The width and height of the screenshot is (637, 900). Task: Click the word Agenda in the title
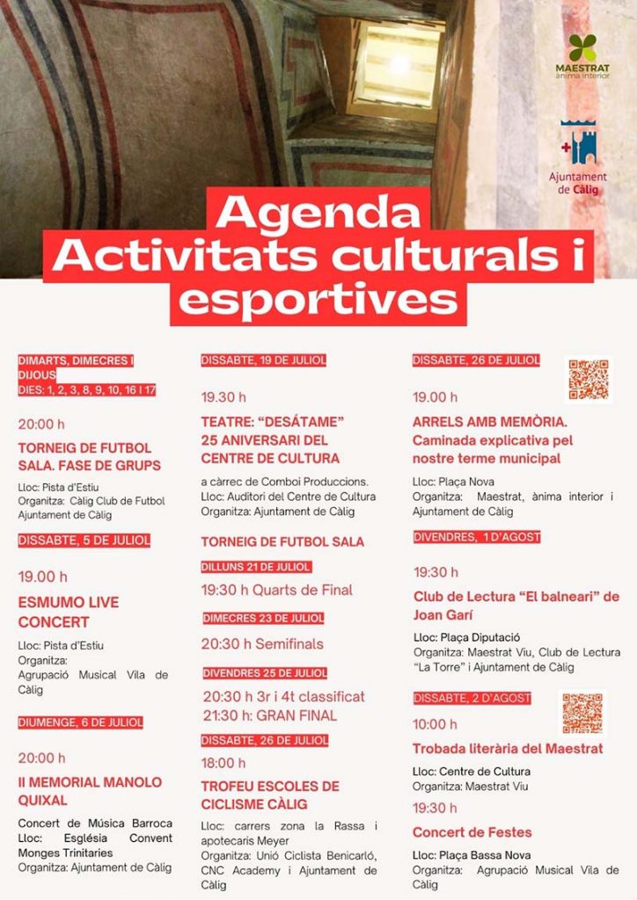(318, 212)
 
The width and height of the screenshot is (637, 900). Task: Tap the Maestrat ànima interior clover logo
(582, 47)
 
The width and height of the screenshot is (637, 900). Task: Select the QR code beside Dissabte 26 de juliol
(589, 380)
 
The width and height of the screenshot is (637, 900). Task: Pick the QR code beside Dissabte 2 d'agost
(582, 713)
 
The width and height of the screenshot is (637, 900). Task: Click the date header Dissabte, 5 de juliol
(84, 540)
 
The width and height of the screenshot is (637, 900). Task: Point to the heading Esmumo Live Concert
(69, 612)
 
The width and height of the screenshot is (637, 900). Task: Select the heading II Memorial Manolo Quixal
(90, 791)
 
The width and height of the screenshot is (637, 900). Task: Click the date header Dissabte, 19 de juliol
(264, 360)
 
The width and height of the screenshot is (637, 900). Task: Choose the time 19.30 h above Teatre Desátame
(223, 396)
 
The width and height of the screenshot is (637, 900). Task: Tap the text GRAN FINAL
(297, 715)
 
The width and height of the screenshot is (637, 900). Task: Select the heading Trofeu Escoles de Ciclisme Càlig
(270, 795)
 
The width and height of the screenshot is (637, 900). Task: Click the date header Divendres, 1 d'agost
(477, 537)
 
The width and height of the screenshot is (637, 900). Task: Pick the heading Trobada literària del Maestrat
(508, 749)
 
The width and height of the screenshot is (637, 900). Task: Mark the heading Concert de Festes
(472, 831)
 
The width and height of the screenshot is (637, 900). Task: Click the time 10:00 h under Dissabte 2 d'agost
(436, 724)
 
